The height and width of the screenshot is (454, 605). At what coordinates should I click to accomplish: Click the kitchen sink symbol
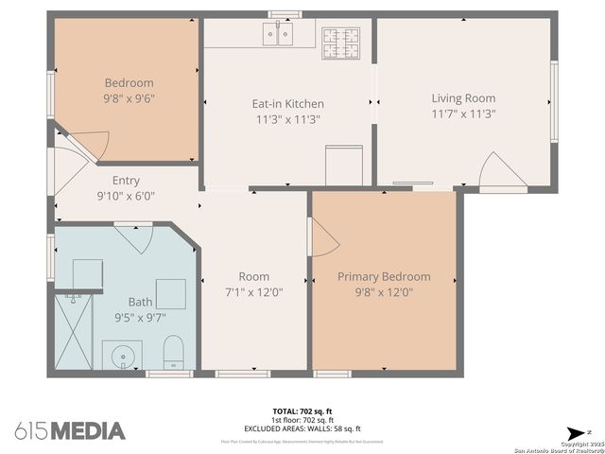(x=278, y=35)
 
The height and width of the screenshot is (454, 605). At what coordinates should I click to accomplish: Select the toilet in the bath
(x=174, y=352)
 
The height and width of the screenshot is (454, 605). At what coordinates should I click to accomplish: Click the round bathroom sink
(x=121, y=358)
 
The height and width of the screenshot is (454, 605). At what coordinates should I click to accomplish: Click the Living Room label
(x=463, y=98)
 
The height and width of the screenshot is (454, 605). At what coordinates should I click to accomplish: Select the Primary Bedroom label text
(x=384, y=277)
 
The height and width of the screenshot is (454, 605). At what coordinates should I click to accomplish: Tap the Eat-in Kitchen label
(x=287, y=104)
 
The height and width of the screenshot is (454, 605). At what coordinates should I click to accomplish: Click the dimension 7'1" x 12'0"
(x=253, y=292)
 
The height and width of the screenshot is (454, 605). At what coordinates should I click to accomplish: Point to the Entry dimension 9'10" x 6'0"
(x=126, y=196)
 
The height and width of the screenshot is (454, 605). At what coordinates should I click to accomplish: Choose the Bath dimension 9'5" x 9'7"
(x=140, y=317)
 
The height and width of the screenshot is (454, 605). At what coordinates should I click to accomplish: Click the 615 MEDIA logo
(x=70, y=430)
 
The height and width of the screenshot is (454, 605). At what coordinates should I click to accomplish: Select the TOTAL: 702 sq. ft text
(x=303, y=411)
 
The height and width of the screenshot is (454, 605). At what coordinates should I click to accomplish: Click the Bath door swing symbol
(x=130, y=236)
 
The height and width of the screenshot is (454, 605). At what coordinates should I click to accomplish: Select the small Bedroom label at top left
(x=129, y=83)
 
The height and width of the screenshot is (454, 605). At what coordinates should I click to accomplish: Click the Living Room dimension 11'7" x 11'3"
(x=463, y=113)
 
